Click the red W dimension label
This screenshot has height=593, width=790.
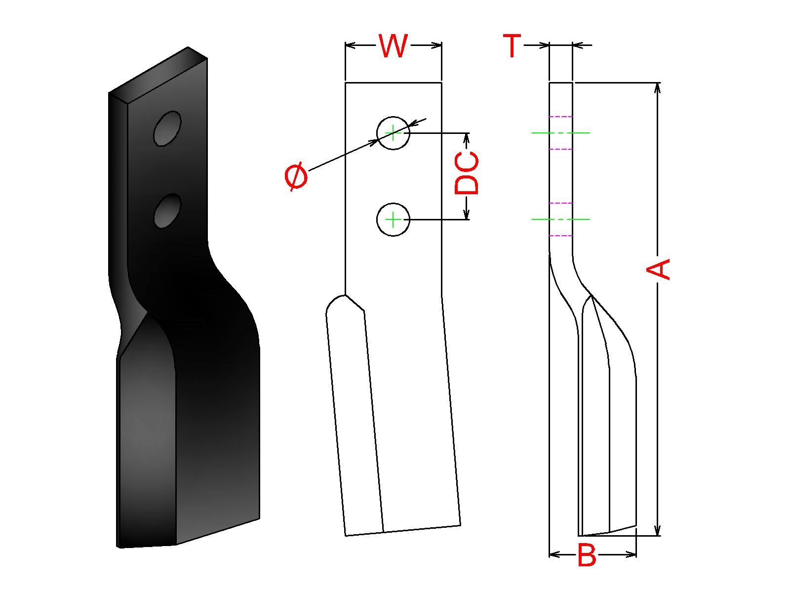pyautogui.click(x=393, y=46)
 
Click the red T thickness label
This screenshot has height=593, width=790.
pyautogui.click(x=513, y=46)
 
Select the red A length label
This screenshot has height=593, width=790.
pyautogui.click(x=659, y=269)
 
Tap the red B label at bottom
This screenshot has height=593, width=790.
pyautogui.click(x=587, y=556)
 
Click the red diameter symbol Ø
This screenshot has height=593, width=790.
pyautogui.click(x=296, y=178)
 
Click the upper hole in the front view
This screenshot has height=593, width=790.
pyautogui.click(x=393, y=133)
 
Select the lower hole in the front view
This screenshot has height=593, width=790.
pyautogui.click(x=393, y=219)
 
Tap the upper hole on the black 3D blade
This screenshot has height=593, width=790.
pyautogui.click(x=167, y=128)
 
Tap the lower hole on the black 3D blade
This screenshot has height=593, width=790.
pyautogui.click(x=167, y=211)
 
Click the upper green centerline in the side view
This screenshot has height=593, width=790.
pyautogui.click(x=560, y=133)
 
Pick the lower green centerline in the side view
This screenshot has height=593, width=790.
pyautogui.click(x=560, y=219)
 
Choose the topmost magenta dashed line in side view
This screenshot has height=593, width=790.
pyautogui.click(x=561, y=117)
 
